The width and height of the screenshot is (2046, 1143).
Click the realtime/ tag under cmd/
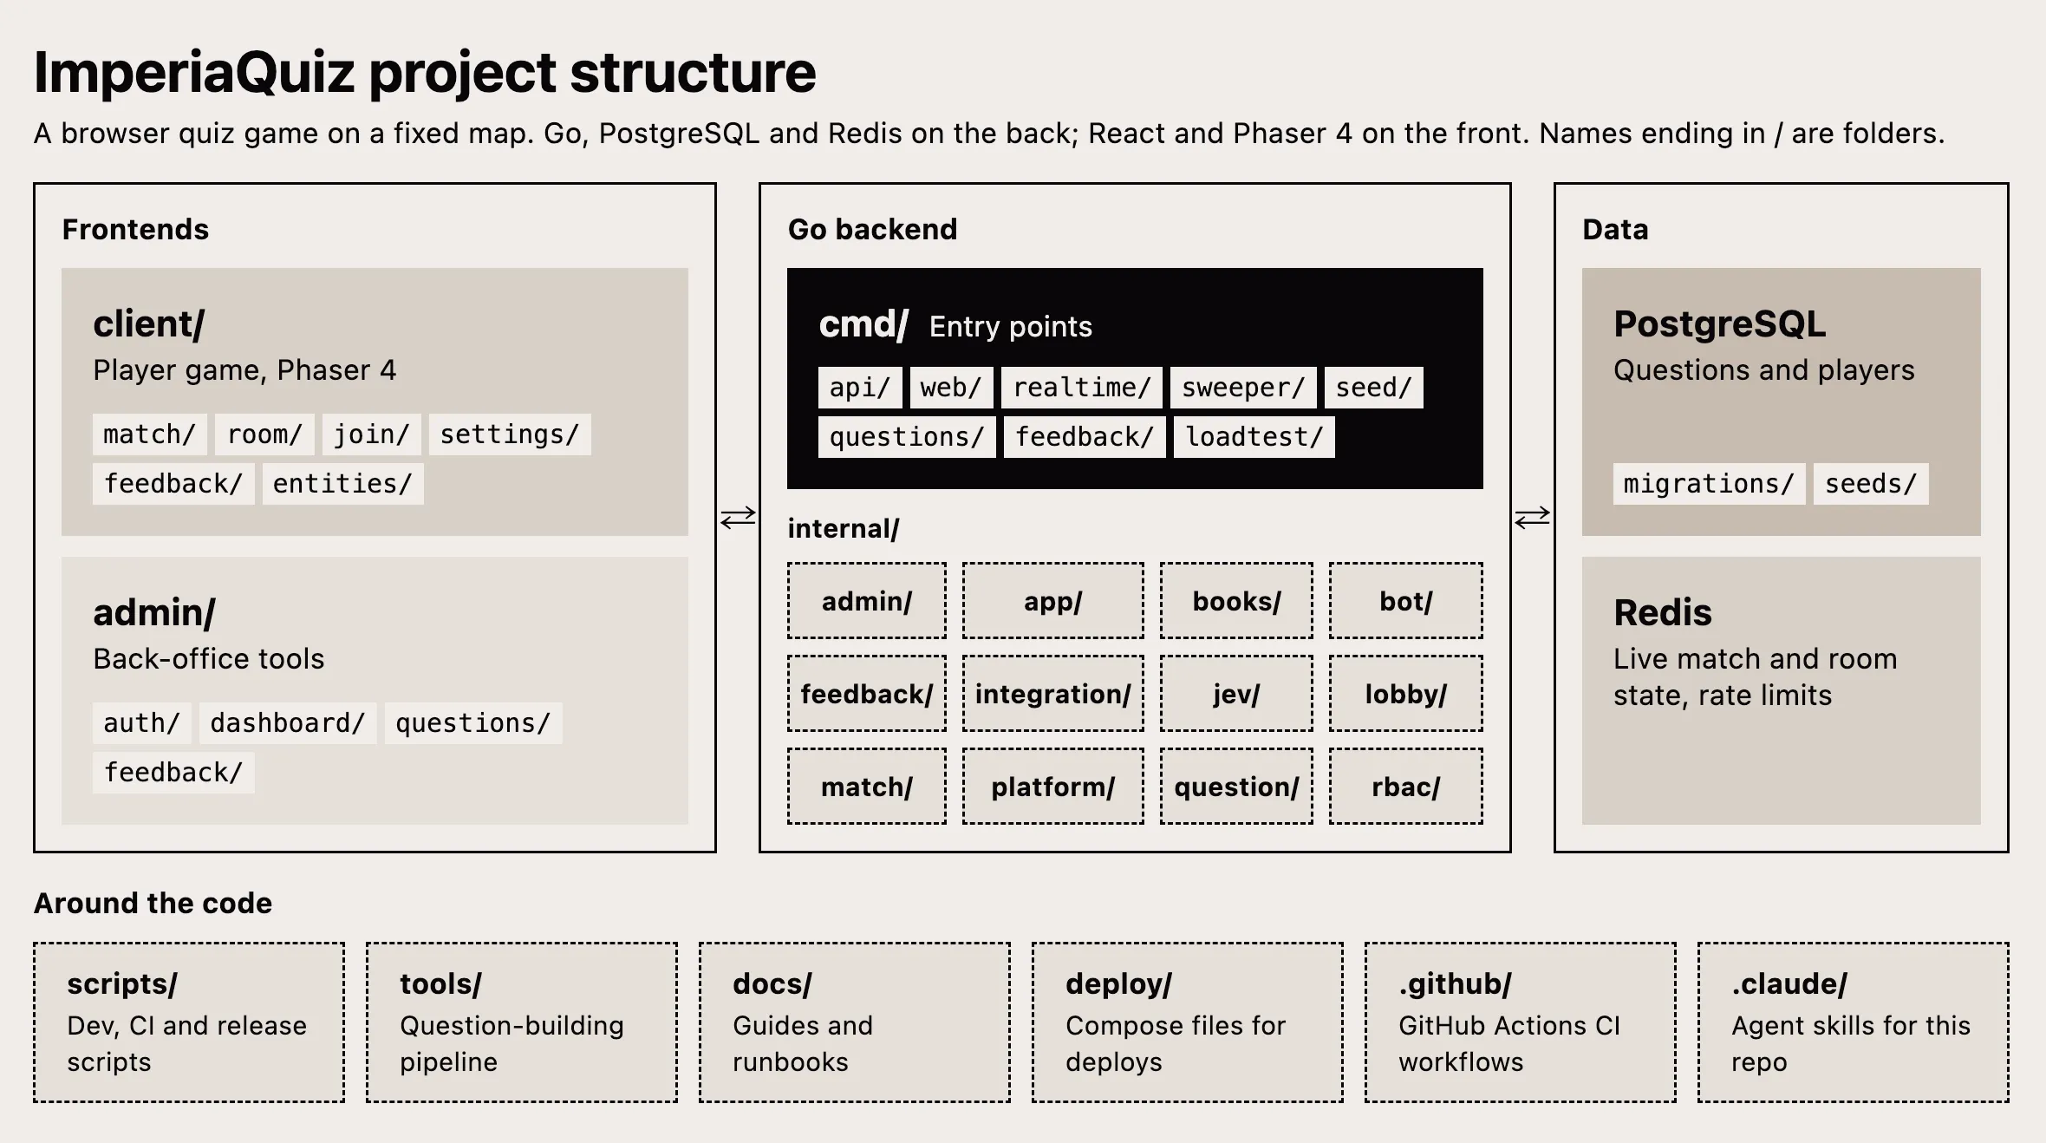(1081, 388)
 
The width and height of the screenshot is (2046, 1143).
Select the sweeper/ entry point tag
(1243, 388)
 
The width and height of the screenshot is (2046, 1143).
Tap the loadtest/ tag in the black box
(1254, 437)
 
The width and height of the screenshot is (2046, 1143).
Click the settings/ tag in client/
(510, 434)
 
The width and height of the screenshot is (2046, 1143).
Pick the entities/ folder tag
(342, 484)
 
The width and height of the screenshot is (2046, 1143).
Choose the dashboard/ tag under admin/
(288, 723)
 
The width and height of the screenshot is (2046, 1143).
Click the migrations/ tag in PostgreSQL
(1709, 484)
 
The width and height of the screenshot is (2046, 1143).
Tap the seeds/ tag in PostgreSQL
(1871, 484)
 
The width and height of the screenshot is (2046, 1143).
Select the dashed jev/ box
(1236, 694)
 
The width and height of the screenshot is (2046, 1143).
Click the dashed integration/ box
(1053, 694)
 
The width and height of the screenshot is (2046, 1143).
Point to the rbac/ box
(1406, 787)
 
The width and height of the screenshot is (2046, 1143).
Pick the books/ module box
(1236, 601)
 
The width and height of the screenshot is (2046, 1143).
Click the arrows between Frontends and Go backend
(738, 518)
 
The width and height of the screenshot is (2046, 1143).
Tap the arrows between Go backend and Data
(1533, 518)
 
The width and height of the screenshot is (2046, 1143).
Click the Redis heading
(1663, 612)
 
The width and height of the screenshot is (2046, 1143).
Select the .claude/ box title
(1789, 984)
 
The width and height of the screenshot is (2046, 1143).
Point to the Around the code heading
(153, 904)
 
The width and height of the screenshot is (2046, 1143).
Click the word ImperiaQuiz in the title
(194, 72)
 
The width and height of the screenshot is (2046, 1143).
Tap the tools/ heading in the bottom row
(440, 984)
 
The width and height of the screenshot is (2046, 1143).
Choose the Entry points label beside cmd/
(1011, 327)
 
